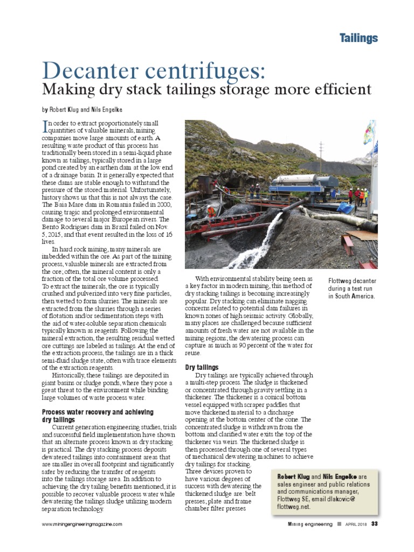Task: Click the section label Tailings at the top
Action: (x=358, y=38)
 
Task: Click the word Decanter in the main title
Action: (x=92, y=71)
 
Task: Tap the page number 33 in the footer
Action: (x=374, y=524)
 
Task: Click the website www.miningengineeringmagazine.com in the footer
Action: (x=82, y=524)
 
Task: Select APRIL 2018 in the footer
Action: (x=356, y=524)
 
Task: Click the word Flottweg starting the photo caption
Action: (x=342, y=281)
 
